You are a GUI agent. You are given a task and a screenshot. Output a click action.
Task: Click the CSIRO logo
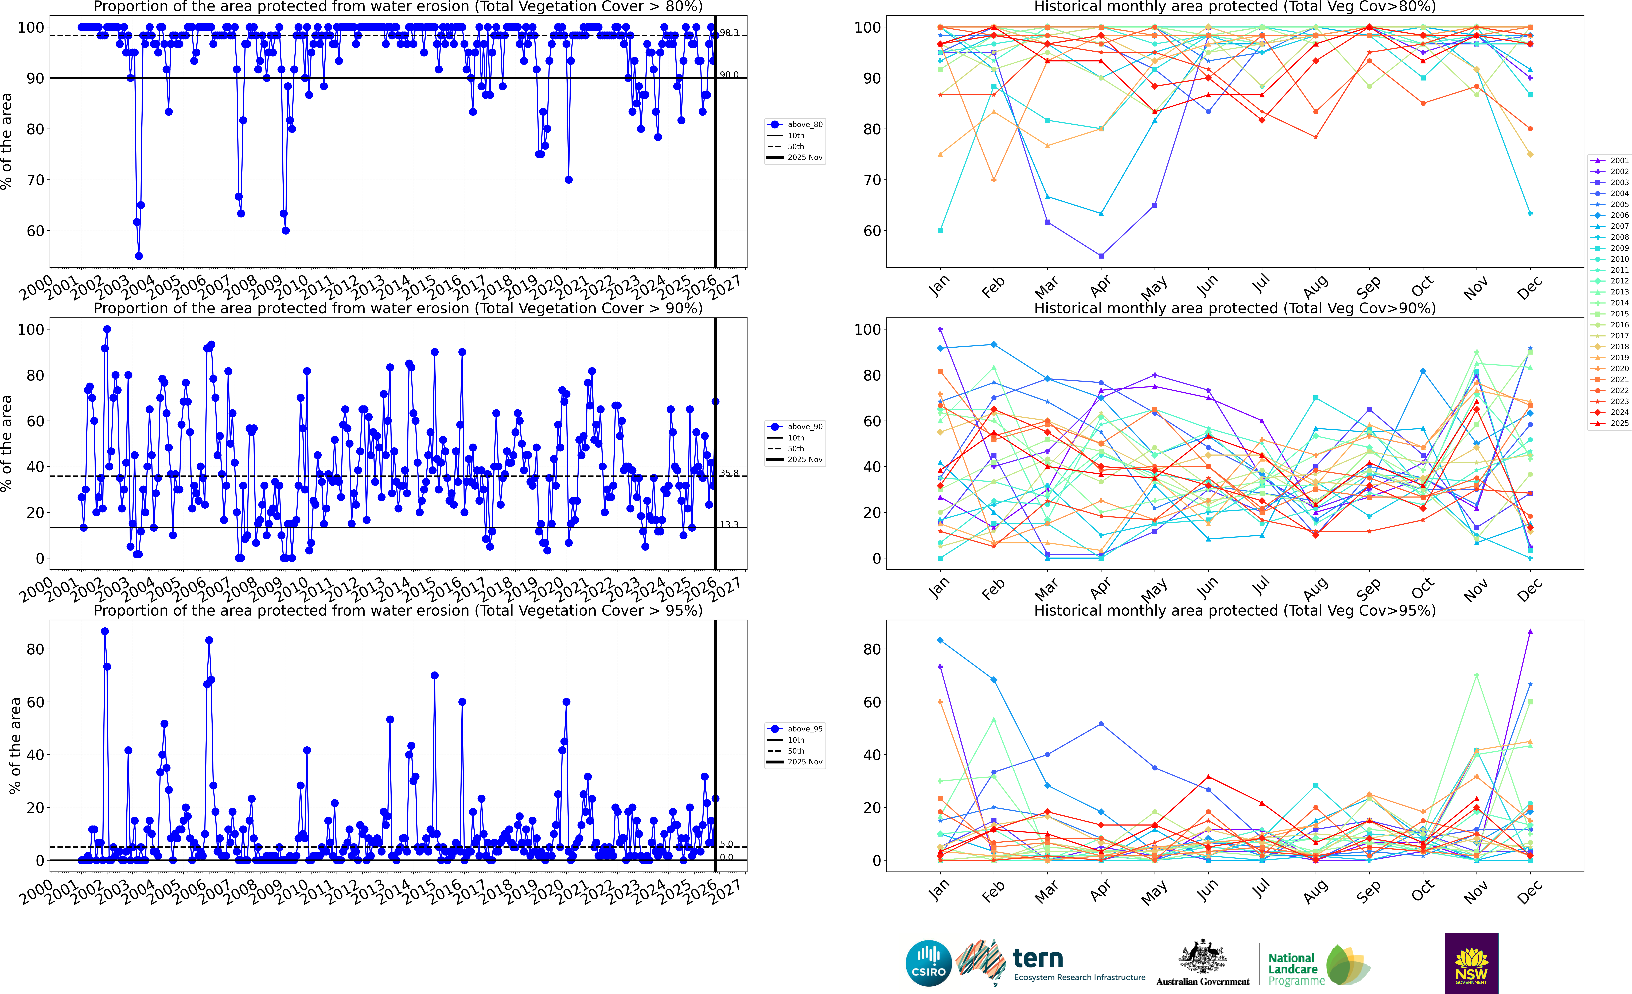click(x=929, y=963)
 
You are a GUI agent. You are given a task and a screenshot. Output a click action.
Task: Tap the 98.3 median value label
click(x=729, y=32)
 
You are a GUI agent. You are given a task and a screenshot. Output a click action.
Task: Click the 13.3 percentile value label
click(x=729, y=525)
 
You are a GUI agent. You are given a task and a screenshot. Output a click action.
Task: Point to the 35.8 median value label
click(x=729, y=473)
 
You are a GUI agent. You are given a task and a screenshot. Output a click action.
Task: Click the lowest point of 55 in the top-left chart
click(x=138, y=256)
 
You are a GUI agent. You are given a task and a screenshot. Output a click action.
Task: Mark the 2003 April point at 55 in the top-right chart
click(x=1101, y=256)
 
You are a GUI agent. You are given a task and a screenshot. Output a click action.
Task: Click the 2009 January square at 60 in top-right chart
click(x=940, y=231)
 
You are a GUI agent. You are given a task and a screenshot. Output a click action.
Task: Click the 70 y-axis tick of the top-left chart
click(x=35, y=180)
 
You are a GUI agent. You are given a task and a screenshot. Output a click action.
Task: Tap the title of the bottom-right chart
click(x=1235, y=610)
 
